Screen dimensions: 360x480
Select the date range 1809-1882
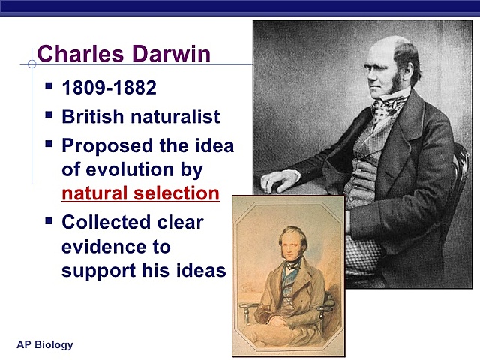tap(109, 88)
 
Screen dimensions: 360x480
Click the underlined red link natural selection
tap(140, 193)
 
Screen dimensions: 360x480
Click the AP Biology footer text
tap(45, 345)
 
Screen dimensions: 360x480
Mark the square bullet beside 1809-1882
tap(49, 86)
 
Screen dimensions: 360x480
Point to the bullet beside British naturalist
tap(49, 115)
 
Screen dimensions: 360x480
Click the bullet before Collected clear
tap(49, 220)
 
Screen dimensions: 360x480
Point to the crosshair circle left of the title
tap(31, 64)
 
